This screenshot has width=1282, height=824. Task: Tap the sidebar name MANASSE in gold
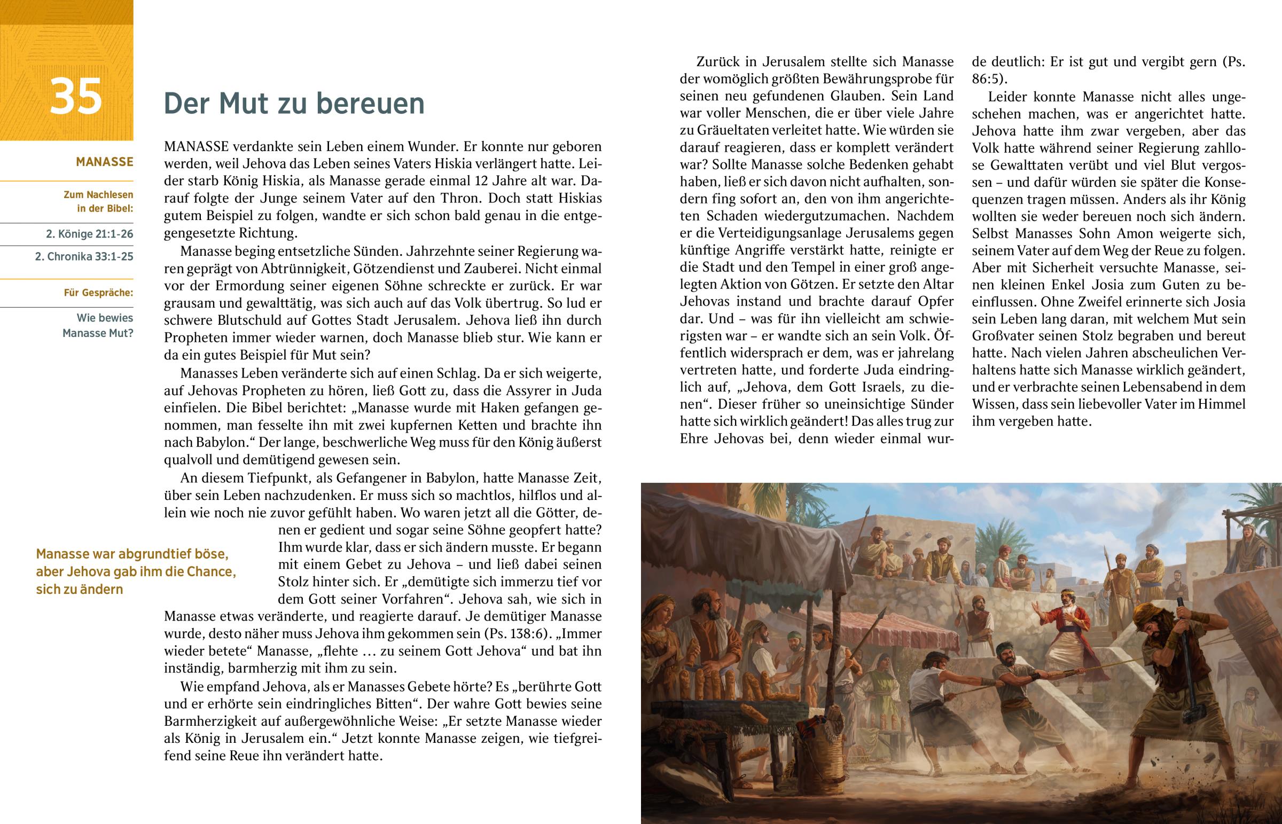[x=104, y=162]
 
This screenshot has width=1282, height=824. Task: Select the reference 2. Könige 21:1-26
[x=89, y=234]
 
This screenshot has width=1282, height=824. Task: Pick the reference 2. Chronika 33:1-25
[x=84, y=256]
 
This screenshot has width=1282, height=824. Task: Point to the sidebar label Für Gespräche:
[x=98, y=293]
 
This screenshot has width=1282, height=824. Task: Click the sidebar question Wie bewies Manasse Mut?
[x=98, y=325]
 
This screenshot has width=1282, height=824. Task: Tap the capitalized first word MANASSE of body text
[x=197, y=147]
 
